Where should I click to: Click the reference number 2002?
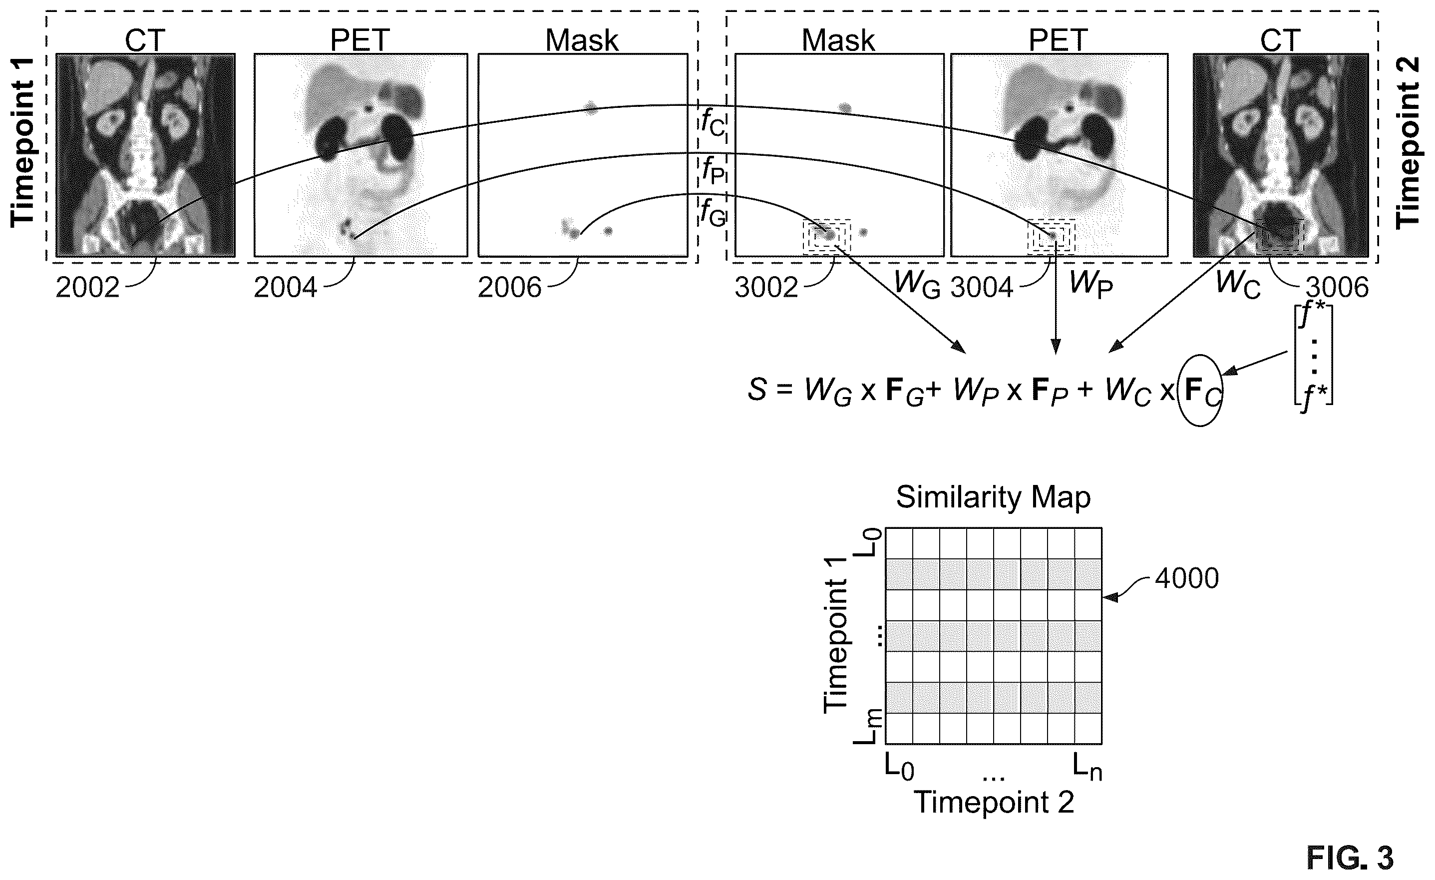pyautogui.click(x=87, y=287)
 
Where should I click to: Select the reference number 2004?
pyautogui.click(x=286, y=287)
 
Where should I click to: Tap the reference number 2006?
pyautogui.click(x=510, y=287)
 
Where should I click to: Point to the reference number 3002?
pyautogui.click(x=766, y=287)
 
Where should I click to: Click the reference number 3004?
pyautogui.click(x=983, y=287)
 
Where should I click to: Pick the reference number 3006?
pyautogui.click(x=1337, y=287)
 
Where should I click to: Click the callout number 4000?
pyautogui.click(x=1187, y=578)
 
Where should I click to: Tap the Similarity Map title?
pyautogui.click(x=993, y=497)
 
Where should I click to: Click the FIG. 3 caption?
pyautogui.click(x=1350, y=858)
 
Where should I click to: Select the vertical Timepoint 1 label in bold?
pyautogui.click(x=22, y=143)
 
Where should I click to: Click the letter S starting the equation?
pyautogui.click(x=757, y=390)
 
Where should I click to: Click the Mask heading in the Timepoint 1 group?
pyautogui.click(x=582, y=40)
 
